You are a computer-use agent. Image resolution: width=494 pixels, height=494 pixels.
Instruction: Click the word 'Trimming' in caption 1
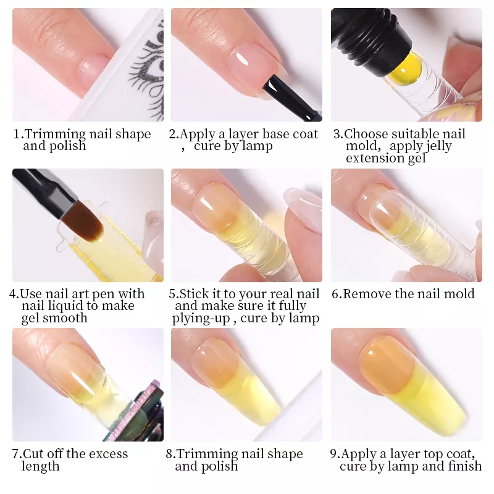(54, 134)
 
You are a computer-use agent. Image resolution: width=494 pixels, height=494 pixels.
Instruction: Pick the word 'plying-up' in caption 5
(201, 319)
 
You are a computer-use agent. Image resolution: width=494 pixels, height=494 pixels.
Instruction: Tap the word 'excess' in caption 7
(107, 454)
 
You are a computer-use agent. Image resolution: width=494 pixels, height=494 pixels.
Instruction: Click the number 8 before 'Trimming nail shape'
(170, 454)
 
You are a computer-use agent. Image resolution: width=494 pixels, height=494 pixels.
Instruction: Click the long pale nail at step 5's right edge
(304, 209)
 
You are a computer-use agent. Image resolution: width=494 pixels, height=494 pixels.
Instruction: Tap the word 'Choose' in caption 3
(366, 134)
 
